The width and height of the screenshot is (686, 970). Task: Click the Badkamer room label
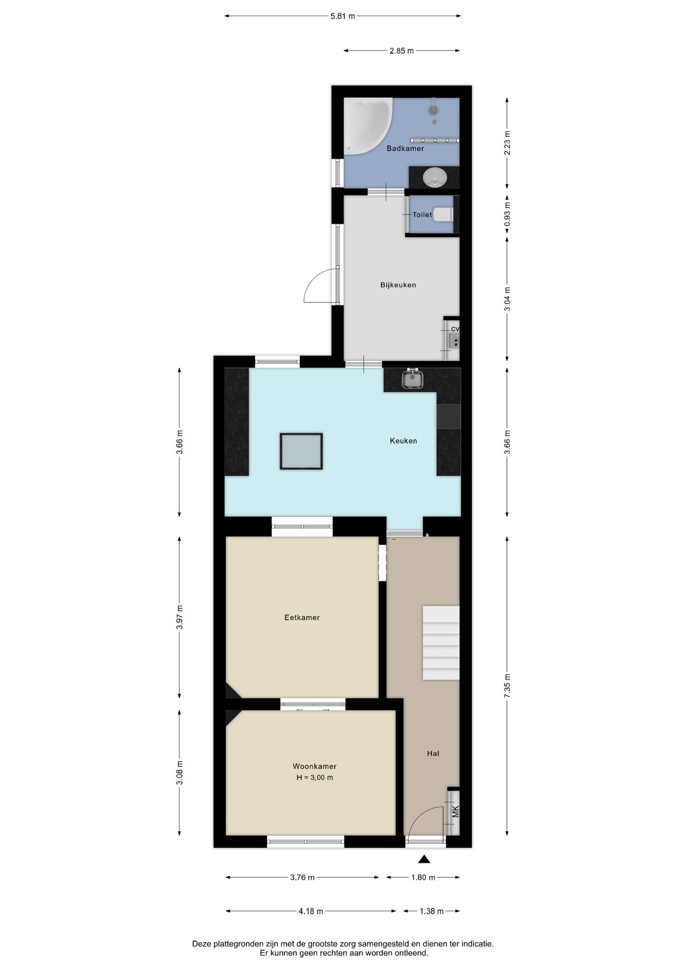(405, 149)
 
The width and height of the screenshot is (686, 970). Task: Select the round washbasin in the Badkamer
(434, 177)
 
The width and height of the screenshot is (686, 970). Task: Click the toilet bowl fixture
(444, 215)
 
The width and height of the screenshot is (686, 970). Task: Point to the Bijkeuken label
(398, 285)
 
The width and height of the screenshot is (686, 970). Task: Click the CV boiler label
(455, 329)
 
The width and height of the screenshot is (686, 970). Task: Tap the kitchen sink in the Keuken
(413, 379)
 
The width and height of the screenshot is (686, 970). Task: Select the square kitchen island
(301, 451)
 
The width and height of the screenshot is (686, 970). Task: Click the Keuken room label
(403, 441)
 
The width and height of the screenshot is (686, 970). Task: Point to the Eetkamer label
(302, 617)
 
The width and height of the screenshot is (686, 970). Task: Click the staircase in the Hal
(441, 643)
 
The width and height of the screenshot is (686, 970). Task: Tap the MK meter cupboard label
(456, 812)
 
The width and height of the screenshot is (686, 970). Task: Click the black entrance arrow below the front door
(424, 859)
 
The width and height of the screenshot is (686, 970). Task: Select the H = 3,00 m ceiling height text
(315, 778)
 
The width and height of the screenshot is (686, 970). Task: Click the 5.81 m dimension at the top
(342, 16)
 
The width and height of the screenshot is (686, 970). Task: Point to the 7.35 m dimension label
(507, 686)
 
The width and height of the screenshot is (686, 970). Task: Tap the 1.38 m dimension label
(431, 911)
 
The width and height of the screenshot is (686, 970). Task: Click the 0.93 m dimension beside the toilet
(507, 215)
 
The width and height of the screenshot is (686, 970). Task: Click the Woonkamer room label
(314, 766)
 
